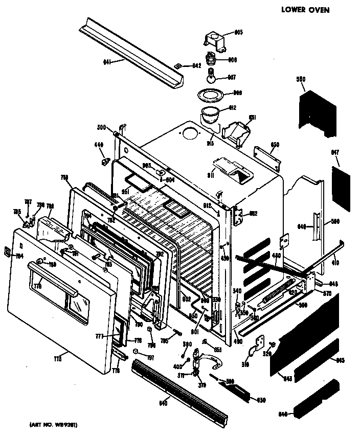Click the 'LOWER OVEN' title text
pyautogui.click(x=305, y=9)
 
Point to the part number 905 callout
pyautogui.click(x=238, y=32)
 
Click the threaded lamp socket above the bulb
pyautogui.click(x=210, y=59)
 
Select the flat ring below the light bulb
pyautogui.click(x=210, y=95)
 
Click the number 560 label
pyautogui.click(x=301, y=79)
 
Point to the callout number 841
pyautogui.click(x=107, y=62)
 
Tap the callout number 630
pyautogui.click(x=262, y=399)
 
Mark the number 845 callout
pyautogui.click(x=340, y=360)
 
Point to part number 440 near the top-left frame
pyautogui.click(x=99, y=145)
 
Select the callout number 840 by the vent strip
pyautogui.click(x=163, y=403)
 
